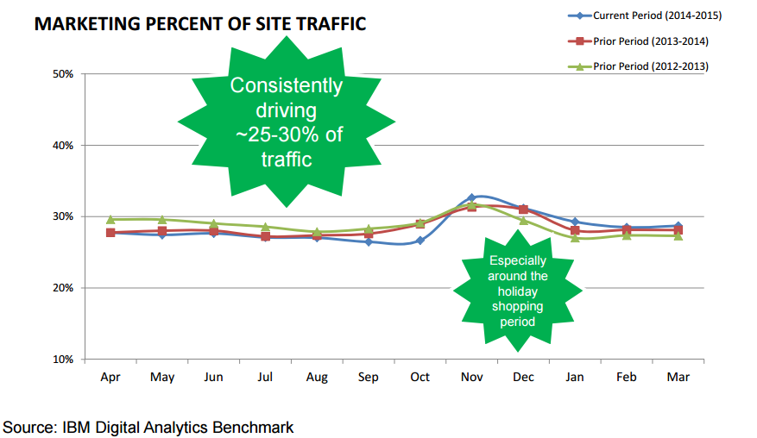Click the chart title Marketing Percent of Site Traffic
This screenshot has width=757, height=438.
199,24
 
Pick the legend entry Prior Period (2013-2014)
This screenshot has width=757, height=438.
651,41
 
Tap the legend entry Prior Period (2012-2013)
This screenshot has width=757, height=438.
651,66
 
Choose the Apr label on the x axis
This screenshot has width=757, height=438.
110,378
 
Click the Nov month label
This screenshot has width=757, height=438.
471,378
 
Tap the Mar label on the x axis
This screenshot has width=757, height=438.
678,378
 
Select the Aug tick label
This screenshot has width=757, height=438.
316,378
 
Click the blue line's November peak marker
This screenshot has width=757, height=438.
471,197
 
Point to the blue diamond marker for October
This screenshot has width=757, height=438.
420,241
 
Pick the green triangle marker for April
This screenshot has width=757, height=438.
110,219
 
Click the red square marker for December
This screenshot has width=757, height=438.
523,209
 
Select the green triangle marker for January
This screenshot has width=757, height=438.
575,237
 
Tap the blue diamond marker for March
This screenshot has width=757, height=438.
678,226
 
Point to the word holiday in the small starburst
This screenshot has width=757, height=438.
518,291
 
